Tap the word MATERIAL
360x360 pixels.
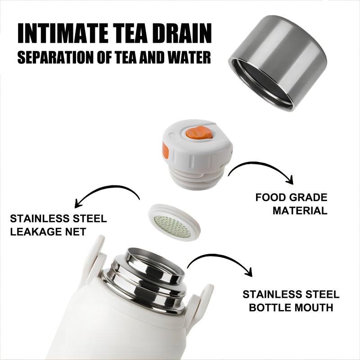(x=300, y=210)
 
